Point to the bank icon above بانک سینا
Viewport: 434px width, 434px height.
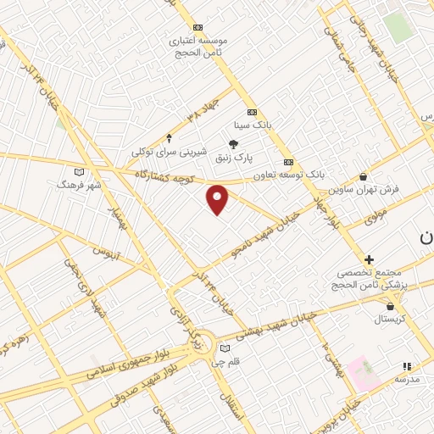[252, 112]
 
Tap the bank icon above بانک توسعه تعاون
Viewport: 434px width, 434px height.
[288, 162]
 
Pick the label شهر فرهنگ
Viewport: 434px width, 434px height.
[79, 184]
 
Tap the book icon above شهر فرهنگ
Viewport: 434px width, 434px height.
[80, 171]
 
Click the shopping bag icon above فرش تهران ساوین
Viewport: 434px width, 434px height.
[364, 177]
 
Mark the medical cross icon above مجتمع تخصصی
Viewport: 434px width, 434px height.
[369, 259]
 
